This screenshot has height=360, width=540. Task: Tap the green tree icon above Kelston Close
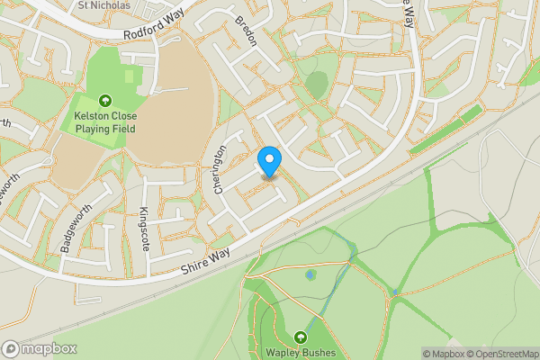coord(105,101)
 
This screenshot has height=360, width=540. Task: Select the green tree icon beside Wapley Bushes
coord(300,337)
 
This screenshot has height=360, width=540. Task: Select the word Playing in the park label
coord(94,129)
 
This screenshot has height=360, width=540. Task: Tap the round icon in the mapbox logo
coord(12,348)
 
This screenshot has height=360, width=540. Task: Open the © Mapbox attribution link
coord(443,354)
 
